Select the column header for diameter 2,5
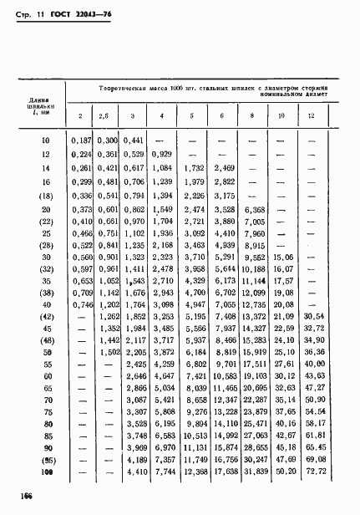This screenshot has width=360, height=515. click(x=104, y=115)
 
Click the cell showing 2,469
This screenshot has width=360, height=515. click(x=224, y=169)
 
